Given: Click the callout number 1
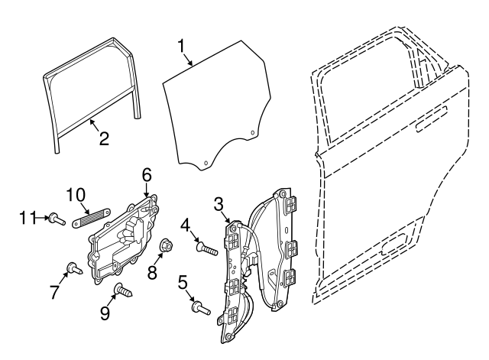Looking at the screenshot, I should (182, 46).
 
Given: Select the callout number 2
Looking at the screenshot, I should (104, 138).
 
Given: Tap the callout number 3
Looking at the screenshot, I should (218, 203).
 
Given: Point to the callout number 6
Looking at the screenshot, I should (147, 176).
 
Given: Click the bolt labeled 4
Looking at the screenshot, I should (207, 248).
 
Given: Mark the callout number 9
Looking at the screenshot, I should (105, 313).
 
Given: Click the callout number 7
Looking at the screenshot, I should (54, 292).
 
